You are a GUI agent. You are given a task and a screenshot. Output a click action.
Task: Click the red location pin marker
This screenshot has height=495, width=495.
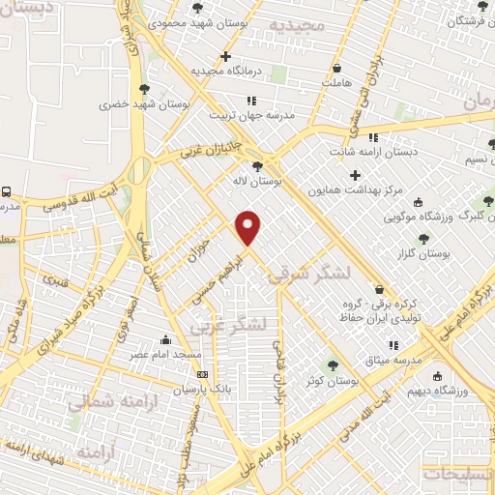click(x=249, y=226)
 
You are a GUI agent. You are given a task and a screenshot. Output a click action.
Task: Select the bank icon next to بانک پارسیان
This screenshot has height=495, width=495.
click(x=201, y=374)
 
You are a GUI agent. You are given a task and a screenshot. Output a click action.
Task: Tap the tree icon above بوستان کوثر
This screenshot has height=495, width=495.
click(x=334, y=365)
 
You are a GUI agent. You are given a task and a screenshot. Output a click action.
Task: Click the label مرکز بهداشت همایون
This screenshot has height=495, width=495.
click(x=355, y=190)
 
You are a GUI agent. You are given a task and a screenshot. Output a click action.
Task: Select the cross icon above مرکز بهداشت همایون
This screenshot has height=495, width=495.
click(x=355, y=175)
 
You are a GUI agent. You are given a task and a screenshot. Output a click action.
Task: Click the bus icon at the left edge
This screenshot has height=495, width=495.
click(x=7, y=191)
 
